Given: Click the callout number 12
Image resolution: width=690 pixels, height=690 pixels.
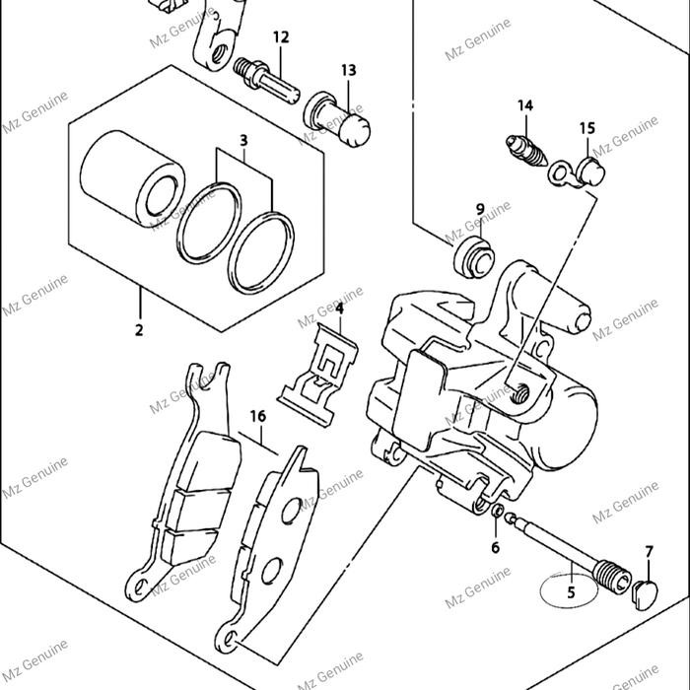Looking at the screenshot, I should point(281,37).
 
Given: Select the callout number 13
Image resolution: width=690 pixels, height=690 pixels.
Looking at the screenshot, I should point(349,70).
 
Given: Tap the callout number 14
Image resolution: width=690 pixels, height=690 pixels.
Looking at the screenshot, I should point(524,105).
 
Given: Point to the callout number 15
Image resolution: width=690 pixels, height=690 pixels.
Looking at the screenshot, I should point(586,128).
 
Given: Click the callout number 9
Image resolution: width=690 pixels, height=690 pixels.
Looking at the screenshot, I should point(480,209).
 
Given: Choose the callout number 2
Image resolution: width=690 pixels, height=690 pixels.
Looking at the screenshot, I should point(139,330).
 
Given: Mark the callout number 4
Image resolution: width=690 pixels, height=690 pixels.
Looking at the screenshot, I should point(338,310).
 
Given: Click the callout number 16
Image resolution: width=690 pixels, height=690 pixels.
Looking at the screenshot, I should point(257,417).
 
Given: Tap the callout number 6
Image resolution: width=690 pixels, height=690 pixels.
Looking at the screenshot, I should point(495,548).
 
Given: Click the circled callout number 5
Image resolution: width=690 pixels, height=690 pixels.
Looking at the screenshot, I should point(570,592).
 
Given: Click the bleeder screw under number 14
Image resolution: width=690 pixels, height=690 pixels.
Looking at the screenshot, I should point(525,151).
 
